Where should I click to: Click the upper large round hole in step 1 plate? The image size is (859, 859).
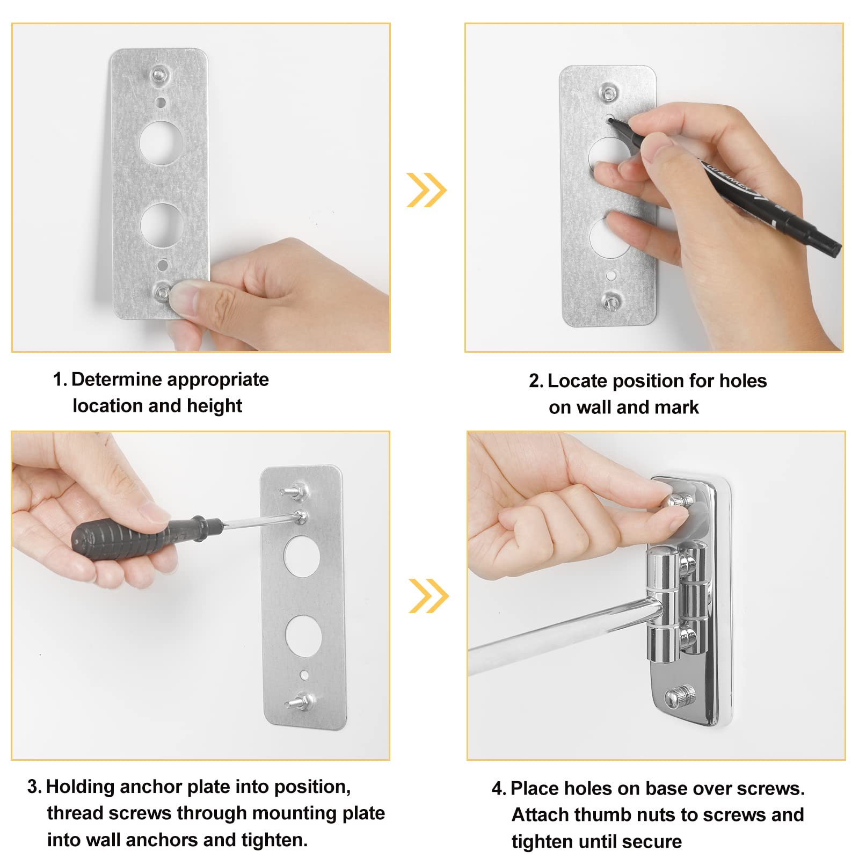[x=161, y=142]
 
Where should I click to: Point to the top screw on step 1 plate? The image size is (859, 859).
[x=159, y=73]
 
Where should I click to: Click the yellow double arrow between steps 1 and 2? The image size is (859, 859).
[x=426, y=190]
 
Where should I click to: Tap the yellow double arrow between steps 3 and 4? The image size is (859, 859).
[x=428, y=595]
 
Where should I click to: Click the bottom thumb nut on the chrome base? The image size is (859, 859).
[x=680, y=697]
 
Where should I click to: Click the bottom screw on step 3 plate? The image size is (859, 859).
[x=299, y=701]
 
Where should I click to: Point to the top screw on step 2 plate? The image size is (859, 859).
[x=608, y=92]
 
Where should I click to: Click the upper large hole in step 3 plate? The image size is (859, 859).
[x=302, y=556]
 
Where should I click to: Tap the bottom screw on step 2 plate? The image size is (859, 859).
[x=611, y=301]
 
